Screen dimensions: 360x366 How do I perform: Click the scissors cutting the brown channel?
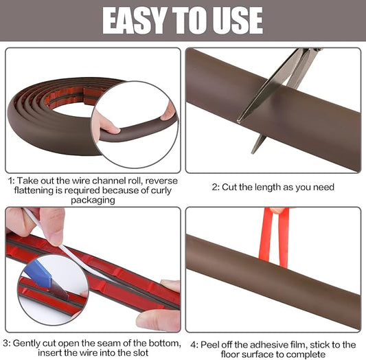coord(282,89)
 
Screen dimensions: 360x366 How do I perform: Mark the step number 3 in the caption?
coord(5,344)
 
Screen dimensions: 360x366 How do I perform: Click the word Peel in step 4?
coord(212,344)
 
